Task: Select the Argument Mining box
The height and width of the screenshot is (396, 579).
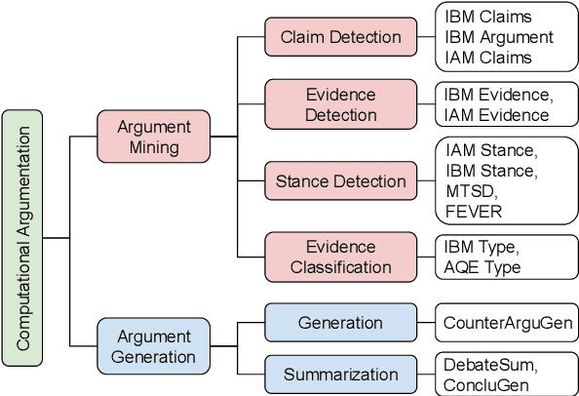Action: tap(153, 138)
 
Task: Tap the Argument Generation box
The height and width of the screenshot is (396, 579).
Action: tap(153, 347)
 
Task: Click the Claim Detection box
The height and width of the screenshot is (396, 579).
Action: tap(340, 37)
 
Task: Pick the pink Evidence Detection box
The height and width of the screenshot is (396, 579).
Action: tap(340, 105)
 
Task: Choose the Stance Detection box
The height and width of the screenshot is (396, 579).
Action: tap(340, 181)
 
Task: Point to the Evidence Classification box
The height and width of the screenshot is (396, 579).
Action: tap(340, 257)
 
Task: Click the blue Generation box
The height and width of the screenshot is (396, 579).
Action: tap(340, 322)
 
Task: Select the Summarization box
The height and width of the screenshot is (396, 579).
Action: tap(340, 375)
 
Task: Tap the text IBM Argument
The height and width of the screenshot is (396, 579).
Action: tap(498, 37)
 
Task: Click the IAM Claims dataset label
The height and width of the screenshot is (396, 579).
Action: tap(488, 58)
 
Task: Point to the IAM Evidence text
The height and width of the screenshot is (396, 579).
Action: tap(496, 115)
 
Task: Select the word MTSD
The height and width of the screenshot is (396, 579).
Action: tap(471, 191)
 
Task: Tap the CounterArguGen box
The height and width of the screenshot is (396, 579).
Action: tap(506, 322)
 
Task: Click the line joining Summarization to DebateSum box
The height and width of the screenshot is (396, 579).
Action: tap(425, 375)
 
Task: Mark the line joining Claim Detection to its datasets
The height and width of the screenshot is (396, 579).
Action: tap(425, 37)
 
